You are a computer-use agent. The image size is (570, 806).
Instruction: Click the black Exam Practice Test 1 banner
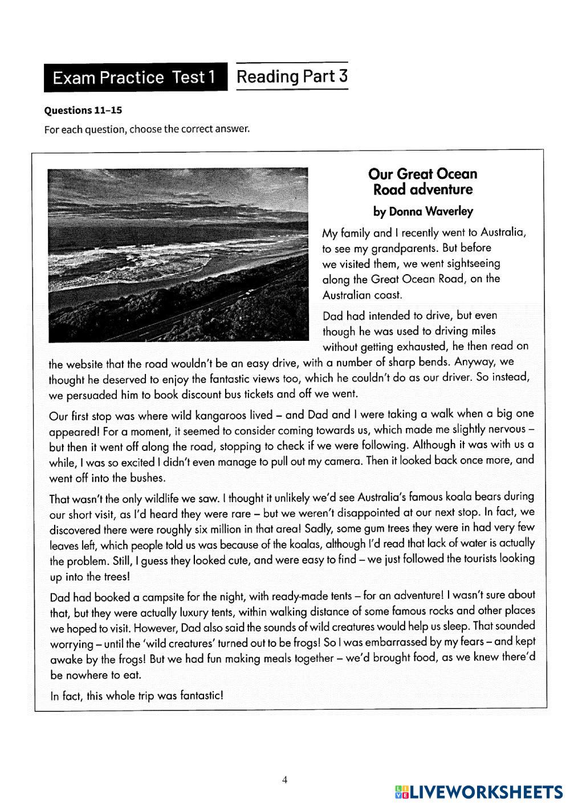coord(135,78)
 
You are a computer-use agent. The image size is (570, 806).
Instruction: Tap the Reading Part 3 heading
coord(291,76)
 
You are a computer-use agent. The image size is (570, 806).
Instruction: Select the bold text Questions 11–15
coord(83,110)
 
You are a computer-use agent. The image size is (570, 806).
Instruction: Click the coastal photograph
coord(178,254)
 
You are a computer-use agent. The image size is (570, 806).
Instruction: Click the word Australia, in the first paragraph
coord(503,232)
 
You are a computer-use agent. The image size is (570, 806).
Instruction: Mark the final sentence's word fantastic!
coord(195,695)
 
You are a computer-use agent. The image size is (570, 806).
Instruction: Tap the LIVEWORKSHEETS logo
coord(478,791)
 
